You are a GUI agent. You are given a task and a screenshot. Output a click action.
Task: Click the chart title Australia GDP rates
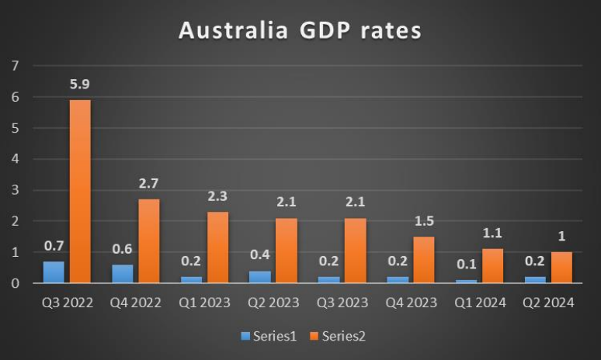[x=300, y=30]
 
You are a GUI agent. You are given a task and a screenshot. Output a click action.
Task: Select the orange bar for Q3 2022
[x=80, y=192]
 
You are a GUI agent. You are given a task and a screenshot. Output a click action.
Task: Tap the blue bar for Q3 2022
[x=53, y=272]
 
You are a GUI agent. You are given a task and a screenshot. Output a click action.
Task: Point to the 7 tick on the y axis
[x=15, y=66]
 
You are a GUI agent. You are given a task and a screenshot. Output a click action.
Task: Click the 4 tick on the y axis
[x=15, y=159]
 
